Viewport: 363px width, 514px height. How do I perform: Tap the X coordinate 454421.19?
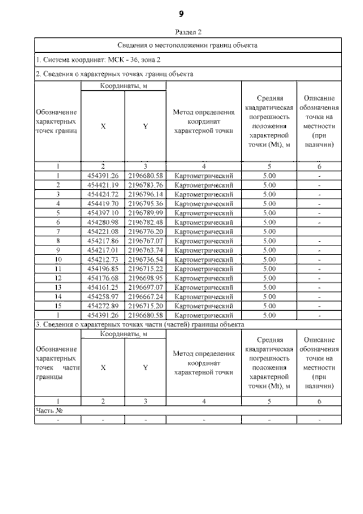[x=103, y=185]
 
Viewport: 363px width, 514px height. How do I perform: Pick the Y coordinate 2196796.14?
[x=145, y=194]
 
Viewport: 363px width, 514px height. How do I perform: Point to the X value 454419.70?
[x=103, y=203]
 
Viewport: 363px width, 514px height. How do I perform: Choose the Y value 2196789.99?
[x=145, y=212]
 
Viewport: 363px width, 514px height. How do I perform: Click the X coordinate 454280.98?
[x=103, y=222]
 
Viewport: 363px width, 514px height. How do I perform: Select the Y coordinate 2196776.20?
[x=145, y=231]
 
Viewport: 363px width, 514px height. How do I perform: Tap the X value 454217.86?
[x=103, y=241]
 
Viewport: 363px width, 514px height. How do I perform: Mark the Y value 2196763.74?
[x=145, y=250]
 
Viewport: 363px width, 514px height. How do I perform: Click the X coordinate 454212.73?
[x=103, y=260]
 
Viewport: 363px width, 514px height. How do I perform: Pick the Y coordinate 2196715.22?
[x=145, y=269]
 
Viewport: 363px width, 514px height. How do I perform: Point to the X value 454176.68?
[x=103, y=278]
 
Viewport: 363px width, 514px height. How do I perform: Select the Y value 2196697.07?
[x=145, y=287]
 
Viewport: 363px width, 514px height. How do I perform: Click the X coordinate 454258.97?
[x=103, y=296]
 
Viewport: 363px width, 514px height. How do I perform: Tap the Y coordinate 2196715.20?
[x=145, y=306]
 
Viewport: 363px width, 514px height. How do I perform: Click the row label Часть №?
[x=49, y=410]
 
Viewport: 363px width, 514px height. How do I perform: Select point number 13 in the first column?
[x=58, y=287]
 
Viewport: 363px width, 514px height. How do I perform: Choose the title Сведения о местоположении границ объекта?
[x=187, y=45]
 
